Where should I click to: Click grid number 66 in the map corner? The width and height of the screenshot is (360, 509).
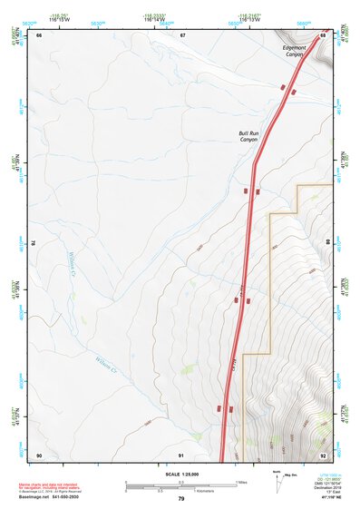coord(39,34)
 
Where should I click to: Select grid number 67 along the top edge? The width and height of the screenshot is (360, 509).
coord(182,34)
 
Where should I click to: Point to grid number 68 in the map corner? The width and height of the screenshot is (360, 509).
coord(324,34)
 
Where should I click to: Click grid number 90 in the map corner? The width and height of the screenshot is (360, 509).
coord(39,455)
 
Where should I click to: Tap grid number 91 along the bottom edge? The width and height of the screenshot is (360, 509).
coord(181,455)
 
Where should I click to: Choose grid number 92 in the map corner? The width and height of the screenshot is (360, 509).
coord(323,455)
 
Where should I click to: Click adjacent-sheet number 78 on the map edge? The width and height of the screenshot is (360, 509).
coord(34,243)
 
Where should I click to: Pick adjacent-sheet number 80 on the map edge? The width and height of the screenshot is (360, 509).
coord(328,243)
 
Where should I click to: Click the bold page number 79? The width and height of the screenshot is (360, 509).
coord(180,499)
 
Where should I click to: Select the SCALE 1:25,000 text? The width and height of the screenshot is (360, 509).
coord(180,474)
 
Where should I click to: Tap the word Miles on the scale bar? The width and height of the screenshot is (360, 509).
coord(242,481)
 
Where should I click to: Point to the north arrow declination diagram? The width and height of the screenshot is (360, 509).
coord(278,480)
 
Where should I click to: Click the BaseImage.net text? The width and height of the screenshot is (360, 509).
coord(40,497)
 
